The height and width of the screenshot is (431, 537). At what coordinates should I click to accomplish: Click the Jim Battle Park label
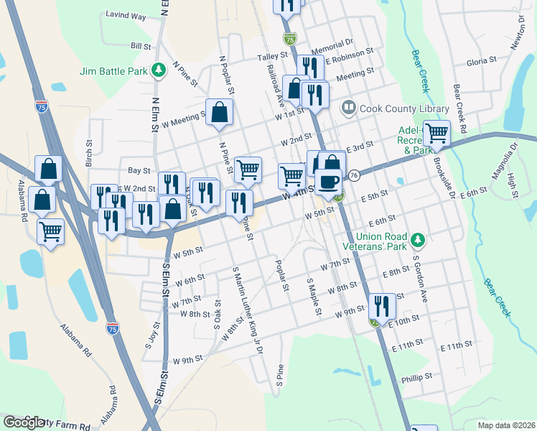click(x=113, y=70)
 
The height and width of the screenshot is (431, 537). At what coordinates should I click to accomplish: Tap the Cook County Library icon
click(x=349, y=108)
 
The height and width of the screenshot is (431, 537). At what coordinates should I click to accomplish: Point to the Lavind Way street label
click(x=126, y=15)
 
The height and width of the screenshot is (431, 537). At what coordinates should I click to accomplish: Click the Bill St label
click(x=141, y=45)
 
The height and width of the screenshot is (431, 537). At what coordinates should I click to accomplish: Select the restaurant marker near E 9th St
click(x=382, y=305)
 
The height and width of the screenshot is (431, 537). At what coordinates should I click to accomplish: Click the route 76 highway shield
click(x=354, y=175)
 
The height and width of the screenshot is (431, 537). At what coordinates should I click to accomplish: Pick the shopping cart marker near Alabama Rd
click(x=51, y=231)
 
